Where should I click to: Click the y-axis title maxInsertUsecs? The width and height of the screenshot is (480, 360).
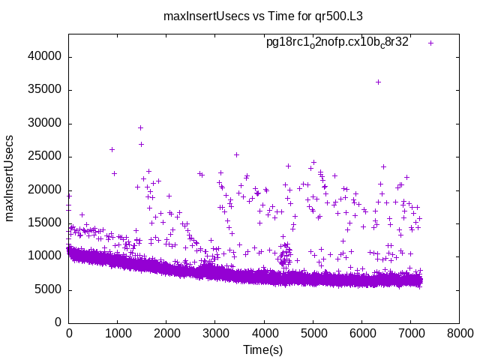(x=10, y=178)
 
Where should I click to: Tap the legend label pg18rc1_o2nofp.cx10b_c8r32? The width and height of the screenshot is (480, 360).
(x=337, y=43)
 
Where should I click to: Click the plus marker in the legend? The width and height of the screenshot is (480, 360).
(x=430, y=43)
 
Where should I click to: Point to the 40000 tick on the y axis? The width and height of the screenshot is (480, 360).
(x=46, y=57)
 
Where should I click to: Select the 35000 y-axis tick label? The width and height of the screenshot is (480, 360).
(x=46, y=90)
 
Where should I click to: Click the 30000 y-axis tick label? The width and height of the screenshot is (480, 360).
(x=46, y=123)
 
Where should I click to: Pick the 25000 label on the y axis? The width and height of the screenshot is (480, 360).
(x=46, y=157)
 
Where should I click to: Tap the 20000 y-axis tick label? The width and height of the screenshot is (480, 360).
(x=46, y=190)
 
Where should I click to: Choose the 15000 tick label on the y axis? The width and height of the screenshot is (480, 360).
(x=46, y=223)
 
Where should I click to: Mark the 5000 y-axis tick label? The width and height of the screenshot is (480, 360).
(x=49, y=289)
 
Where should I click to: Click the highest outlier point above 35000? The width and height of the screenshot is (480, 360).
(x=378, y=82)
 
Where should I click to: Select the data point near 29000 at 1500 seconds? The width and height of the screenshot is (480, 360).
(x=140, y=127)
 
